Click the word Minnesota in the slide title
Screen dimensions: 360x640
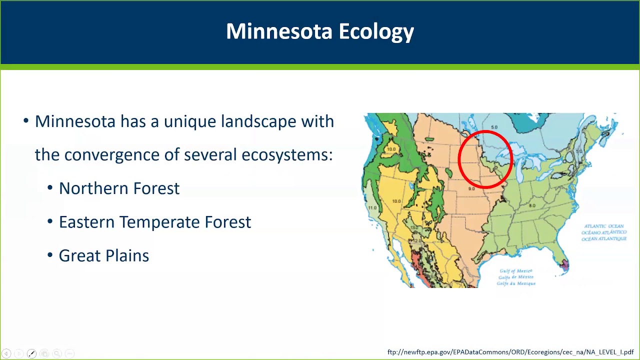click(x=279, y=31)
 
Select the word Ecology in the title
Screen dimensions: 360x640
click(x=376, y=32)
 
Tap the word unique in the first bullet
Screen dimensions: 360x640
click(x=189, y=121)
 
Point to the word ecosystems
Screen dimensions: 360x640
click(x=286, y=155)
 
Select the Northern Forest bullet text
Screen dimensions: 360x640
click(x=119, y=188)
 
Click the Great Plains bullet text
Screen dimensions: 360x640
click(x=104, y=255)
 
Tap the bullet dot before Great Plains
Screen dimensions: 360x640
click(x=50, y=255)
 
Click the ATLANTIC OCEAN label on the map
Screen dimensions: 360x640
click(x=604, y=226)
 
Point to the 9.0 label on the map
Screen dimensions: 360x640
click(x=471, y=188)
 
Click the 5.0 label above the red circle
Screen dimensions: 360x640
click(x=494, y=127)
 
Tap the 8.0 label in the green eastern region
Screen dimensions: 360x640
click(x=532, y=205)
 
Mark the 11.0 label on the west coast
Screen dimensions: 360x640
click(x=372, y=207)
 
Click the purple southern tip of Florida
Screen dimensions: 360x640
click(x=565, y=265)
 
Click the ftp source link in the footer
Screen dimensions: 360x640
click(x=510, y=352)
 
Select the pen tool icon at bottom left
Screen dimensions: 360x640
click(x=31, y=353)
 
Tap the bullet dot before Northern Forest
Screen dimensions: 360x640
click(x=50, y=188)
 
